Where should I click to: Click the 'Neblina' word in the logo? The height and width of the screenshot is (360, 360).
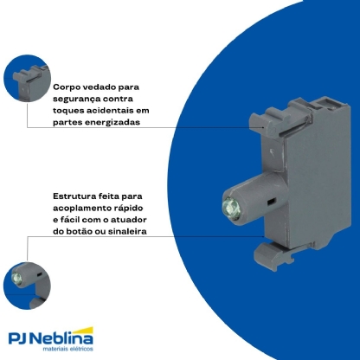[62, 338]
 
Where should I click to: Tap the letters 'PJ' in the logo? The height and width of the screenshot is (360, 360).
[19, 338]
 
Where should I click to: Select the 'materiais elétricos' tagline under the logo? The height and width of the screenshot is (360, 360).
[68, 349]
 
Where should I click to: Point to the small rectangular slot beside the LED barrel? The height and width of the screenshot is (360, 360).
[271, 202]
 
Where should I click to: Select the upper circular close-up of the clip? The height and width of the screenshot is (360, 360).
[27, 78]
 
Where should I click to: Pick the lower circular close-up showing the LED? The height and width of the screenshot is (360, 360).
[27, 286]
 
